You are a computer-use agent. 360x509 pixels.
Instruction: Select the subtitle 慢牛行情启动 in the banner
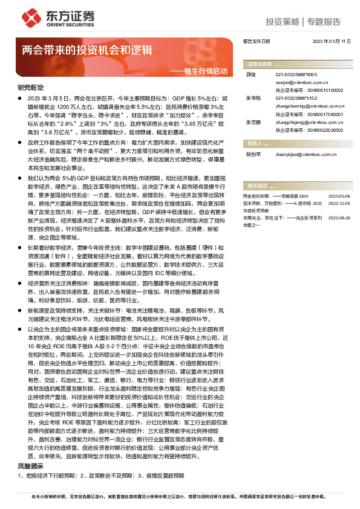[206, 71]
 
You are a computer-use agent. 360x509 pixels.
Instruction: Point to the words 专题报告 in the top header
[324, 22]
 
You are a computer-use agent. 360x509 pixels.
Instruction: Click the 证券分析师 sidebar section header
[260, 63]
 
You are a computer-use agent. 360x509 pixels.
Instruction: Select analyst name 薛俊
[252, 74]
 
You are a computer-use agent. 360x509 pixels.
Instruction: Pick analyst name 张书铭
[254, 97]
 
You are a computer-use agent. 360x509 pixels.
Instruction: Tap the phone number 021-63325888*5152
[296, 97]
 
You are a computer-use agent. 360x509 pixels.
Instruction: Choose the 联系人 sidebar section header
[255, 143]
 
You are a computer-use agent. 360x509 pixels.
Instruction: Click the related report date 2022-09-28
[339, 217]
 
